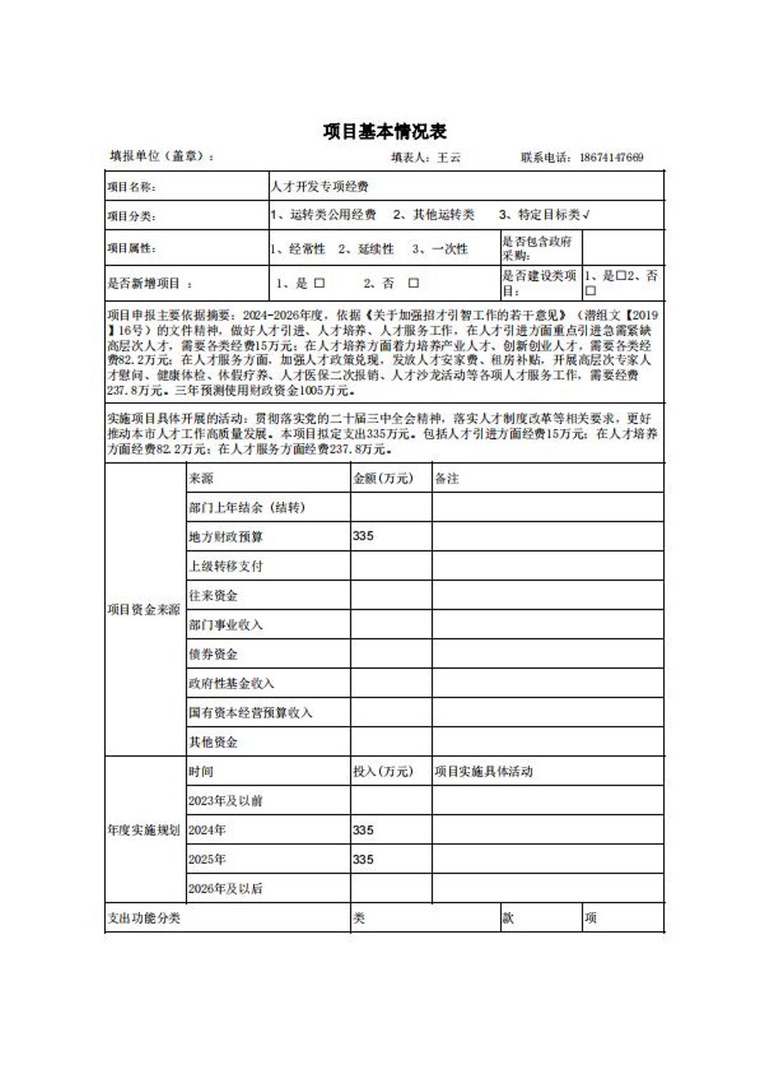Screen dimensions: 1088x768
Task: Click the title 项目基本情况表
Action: (385, 132)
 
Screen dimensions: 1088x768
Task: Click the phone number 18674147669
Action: (611, 157)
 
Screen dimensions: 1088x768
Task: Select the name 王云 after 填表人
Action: (449, 157)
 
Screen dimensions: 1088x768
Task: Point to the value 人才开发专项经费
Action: (320, 187)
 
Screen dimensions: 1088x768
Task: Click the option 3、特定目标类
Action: (544, 215)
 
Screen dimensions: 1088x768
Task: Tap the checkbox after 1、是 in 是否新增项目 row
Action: (319, 283)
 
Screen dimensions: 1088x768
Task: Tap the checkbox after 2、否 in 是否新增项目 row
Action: (413, 283)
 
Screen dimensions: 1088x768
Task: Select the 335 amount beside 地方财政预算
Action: (363, 536)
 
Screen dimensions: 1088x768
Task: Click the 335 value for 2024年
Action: (363, 830)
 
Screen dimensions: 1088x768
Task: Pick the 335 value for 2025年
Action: (363, 860)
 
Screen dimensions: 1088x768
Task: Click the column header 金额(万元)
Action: (383, 478)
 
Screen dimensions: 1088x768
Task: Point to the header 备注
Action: (447, 478)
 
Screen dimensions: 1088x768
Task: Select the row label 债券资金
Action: (213, 654)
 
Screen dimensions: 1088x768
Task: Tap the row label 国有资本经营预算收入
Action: (250, 713)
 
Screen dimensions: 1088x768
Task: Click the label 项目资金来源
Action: (144, 610)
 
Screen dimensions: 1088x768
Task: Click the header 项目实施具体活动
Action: (483, 772)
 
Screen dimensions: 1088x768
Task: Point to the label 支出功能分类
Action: (144, 918)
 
